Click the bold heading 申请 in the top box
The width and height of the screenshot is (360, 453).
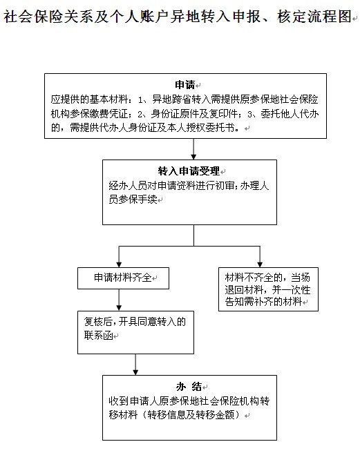tap(185, 85)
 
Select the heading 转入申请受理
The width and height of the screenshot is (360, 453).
tap(189, 171)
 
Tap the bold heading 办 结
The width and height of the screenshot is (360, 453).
tap(189, 386)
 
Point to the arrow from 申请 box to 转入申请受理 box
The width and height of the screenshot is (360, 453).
tap(193, 149)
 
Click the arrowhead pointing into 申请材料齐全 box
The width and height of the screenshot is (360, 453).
tap(119, 264)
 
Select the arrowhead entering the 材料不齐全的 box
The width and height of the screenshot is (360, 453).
tap(260, 264)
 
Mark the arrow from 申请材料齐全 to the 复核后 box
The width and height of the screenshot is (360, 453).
tap(119, 300)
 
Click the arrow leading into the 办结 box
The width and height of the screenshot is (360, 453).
tap(135, 365)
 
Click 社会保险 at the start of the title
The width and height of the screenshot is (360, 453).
tap(34, 16)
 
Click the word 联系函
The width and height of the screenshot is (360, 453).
tap(98, 336)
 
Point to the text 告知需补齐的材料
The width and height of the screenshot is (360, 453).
tap(263, 302)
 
